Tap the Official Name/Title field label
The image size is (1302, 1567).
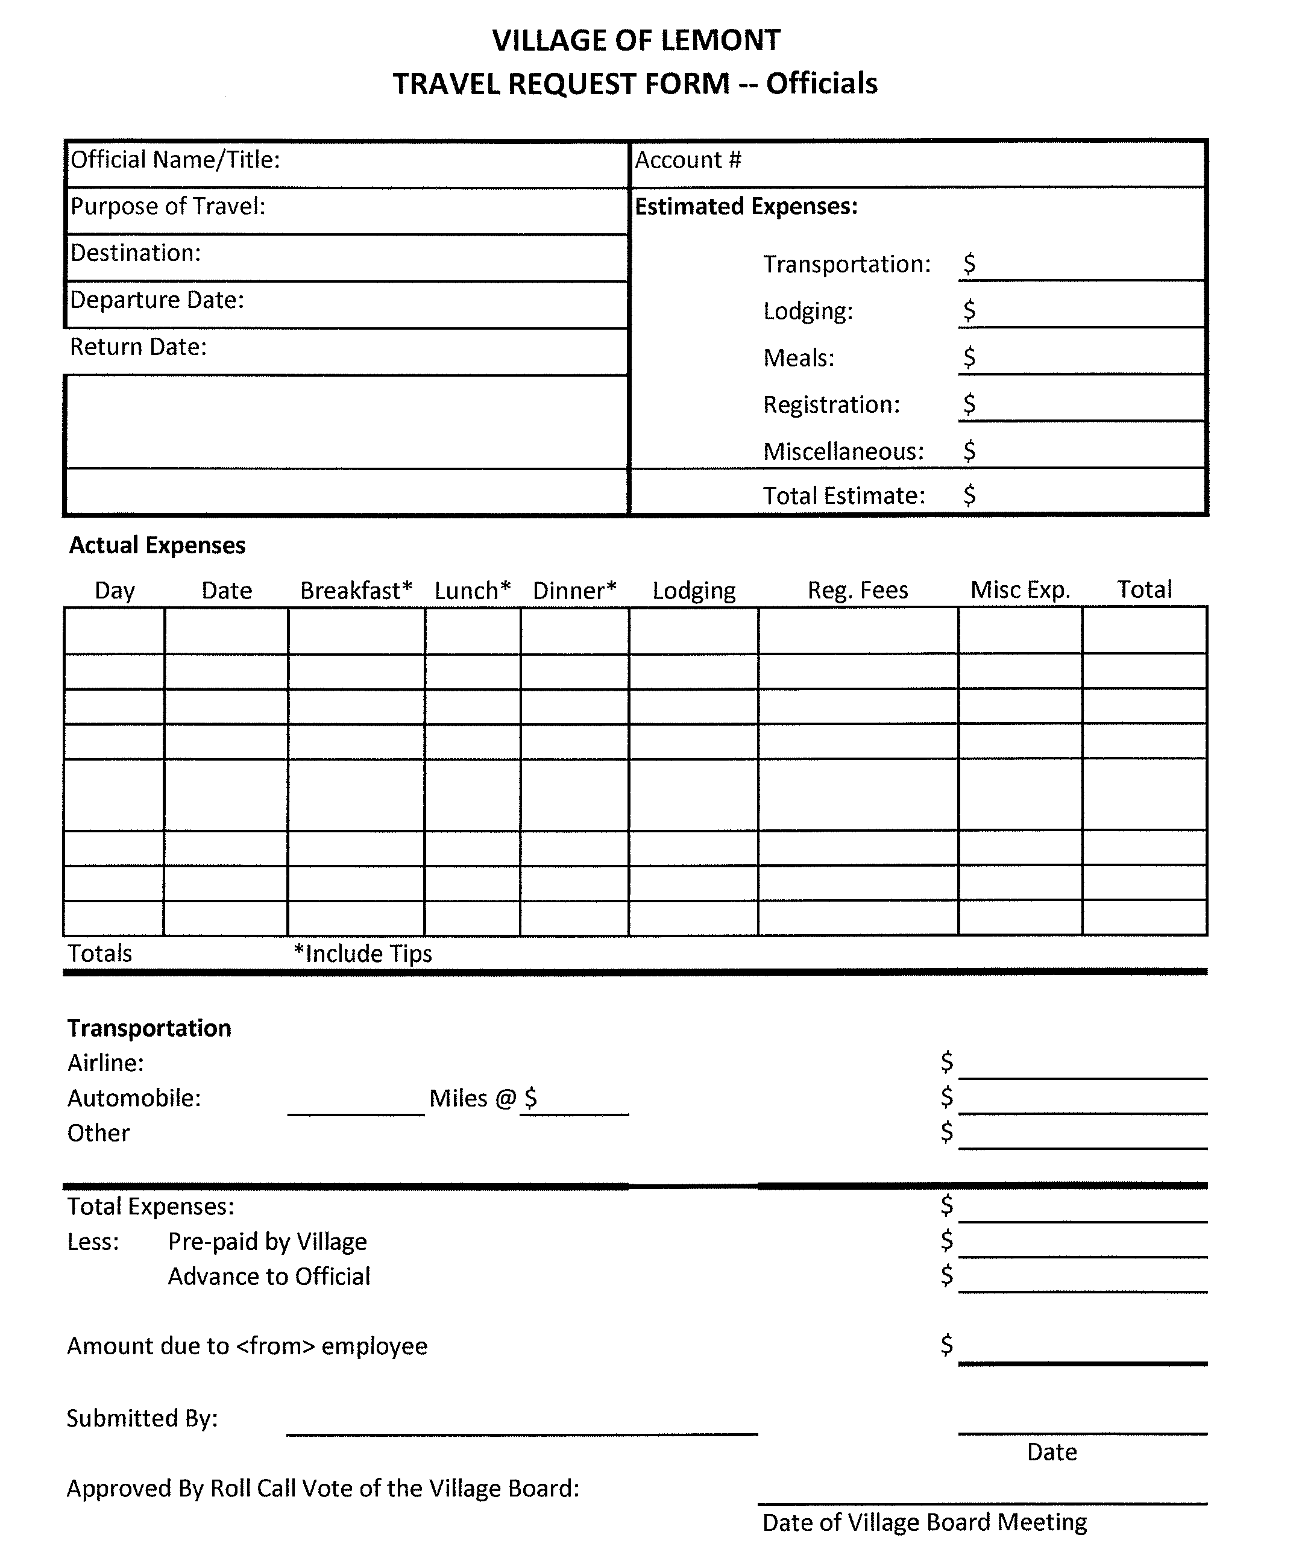tap(175, 160)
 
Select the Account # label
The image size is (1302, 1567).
tap(687, 160)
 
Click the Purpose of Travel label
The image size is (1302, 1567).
tap(168, 206)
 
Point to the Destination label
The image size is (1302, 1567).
tap(135, 253)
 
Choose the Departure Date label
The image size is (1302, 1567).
tap(157, 300)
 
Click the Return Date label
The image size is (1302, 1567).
tap(138, 347)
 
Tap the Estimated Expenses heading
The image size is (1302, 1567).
tap(746, 207)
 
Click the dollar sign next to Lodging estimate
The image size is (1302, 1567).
tap(969, 310)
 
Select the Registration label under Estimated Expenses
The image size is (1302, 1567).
tap(831, 404)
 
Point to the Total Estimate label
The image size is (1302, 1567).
tap(843, 495)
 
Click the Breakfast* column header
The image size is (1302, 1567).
tap(356, 590)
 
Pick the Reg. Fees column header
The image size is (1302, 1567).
tap(857, 590)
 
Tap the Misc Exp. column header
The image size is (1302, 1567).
tap(1020, 590)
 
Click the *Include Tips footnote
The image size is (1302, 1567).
tap(363, 953)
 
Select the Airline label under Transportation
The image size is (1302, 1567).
tap(105, 1063)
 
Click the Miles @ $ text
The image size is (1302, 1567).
tap(483, 1098)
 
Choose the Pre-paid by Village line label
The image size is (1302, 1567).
tap(267, 1242)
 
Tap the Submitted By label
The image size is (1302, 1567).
tap(142, 1418)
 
